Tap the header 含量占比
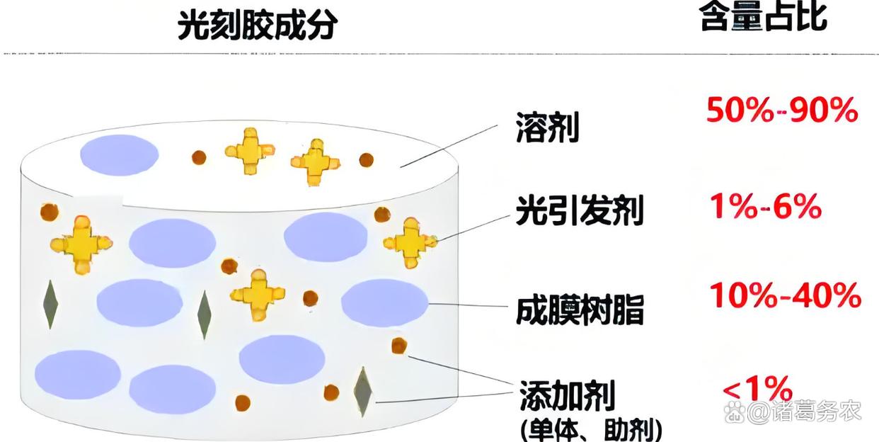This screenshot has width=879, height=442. tap(763, 17)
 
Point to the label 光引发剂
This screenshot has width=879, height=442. tap(580, 210)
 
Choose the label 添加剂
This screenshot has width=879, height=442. tap(567, 394)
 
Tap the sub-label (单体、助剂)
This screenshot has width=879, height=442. tap(591, 429)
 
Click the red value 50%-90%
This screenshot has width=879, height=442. tap(782, 111)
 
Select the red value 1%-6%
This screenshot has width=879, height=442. tap(765, 208)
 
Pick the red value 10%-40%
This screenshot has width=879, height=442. tap(785, 295)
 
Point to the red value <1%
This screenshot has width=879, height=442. tap(757, 389)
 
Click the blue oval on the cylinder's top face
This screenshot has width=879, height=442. tap(119, 154)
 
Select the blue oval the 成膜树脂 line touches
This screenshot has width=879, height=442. tap(384, 302)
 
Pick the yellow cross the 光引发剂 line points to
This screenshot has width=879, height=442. tap(410, 242)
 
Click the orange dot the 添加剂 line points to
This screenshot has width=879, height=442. tap(399, 346)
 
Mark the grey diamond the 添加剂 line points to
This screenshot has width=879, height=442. tap(363, 391)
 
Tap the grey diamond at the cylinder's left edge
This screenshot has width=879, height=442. tap(50, 304)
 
